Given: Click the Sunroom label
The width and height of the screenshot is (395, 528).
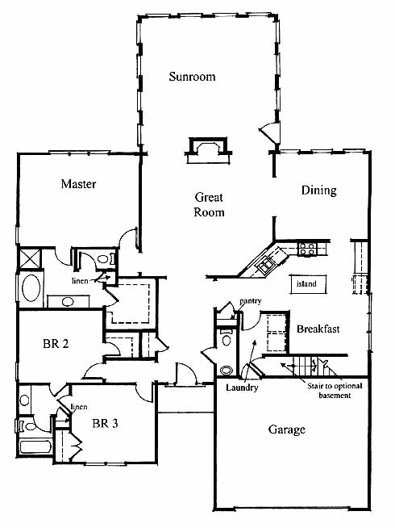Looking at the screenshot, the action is click(192, 77).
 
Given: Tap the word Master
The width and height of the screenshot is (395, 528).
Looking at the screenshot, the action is click(78, 184).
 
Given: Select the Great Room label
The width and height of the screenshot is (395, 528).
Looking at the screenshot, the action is click(209, 204).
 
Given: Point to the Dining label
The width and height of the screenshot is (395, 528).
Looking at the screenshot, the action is click(318, 191).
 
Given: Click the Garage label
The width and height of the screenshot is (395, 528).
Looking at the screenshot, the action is click(287, 430).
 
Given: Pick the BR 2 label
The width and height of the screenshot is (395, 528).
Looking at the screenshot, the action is click(56, 343).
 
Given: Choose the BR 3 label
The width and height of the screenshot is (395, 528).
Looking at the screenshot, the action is click(105, 423).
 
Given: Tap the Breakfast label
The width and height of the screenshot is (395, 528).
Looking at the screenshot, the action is click(318, 329).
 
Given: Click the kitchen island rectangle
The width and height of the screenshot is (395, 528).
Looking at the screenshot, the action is click(308, 284).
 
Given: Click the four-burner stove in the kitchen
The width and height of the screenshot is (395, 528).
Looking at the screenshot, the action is click(307, 249).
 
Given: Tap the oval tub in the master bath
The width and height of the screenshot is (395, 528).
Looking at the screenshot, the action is click(31, 288).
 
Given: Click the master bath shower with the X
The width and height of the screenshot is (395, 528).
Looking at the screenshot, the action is click(30, 258).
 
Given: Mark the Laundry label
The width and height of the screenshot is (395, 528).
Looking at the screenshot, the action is click(242, 388).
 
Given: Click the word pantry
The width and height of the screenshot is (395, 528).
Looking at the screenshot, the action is click(251, 300).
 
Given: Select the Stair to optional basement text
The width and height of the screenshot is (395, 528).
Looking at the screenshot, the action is click(335, 391).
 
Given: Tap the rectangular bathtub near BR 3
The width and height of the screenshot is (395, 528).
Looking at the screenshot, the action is click(35, 446).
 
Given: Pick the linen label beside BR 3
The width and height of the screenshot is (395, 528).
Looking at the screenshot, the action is click(79, 407).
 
